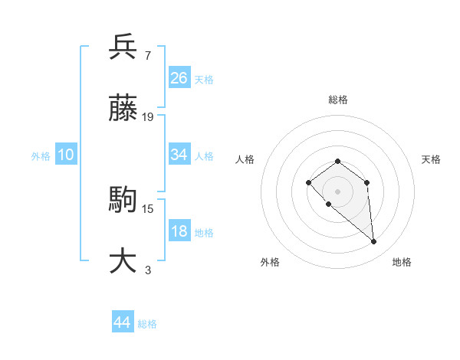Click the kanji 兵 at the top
(x=123, y=47)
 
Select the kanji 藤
(x=123, y=109)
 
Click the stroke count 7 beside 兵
(x=147, y=56)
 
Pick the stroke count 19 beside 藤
(x=148, y=117)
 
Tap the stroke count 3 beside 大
(x=147, y=270)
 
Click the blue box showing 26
(x=179, y=78)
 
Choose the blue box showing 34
(x=179, y=155)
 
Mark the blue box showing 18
(x=179, y=231)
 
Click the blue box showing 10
(x=66, y=155)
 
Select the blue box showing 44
(x=122, y=322)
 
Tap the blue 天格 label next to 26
(x=204, y=80)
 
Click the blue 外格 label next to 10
(x=41, y=156)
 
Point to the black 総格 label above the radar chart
(x=338, y=100)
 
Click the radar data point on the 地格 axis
(x=373, y=241)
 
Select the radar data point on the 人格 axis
(x=308, y=182)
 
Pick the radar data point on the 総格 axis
(x=337, y=161)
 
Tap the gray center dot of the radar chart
(x=337, y=191)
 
